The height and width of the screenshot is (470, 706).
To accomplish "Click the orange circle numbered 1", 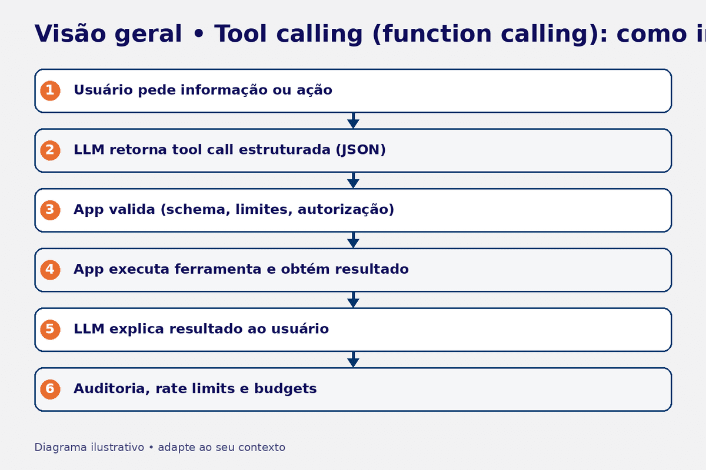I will [50, 90].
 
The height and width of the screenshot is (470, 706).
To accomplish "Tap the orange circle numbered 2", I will [50, 150].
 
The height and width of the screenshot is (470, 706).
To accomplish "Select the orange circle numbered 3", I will [50, 210].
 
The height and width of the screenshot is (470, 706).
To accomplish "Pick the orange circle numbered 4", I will [50, 270].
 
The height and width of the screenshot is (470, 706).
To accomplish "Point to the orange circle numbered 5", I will [50, 329].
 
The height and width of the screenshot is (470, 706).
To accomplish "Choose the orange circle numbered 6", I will [50, 389].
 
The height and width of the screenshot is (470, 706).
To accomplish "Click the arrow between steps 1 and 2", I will [353, 120].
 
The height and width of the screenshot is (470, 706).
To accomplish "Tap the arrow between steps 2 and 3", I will [353, 180].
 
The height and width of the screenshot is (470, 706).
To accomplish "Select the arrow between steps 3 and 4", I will [353, 240].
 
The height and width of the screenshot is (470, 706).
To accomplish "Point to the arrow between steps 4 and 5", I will [353, 300].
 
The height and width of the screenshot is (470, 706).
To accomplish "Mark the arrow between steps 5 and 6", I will [353, 360].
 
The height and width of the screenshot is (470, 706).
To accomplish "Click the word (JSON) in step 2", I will [360, 150].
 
